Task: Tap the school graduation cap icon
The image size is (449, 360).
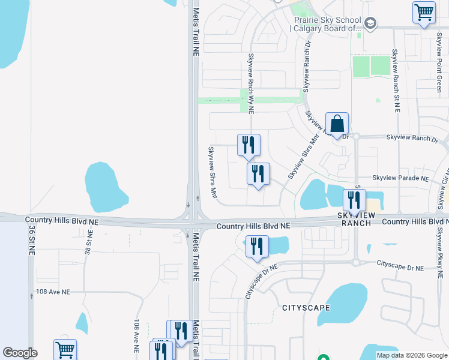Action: pyautogui.click(x=370, y=23)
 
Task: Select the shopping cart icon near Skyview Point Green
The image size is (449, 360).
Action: pyautogui.click(x=424, y=11)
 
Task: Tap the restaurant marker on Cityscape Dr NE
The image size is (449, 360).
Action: pyautogui.click(x=257, y=247)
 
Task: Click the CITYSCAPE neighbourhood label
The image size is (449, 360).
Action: pyautogui.click(x=306, y=308)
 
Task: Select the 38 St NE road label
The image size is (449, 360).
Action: pyautogui.click(x=87, y=244)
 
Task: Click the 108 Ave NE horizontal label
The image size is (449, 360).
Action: pyautogui.click(x=53, y=292)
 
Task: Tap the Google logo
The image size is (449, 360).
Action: pyautogui.click(x=20, y=353)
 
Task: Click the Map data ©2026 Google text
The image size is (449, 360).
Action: pyautogui.click(x=411, y=355)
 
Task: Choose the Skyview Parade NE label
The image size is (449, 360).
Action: pyautogui.click(x=400, y=178)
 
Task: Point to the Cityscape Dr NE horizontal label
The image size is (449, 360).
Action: pyautogui.click(x=401, y=264)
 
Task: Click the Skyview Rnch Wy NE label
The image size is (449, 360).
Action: pyautogui.click(x=252, y=83)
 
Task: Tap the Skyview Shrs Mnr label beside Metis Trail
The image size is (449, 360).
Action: pyautogui.click(x=212, y=173)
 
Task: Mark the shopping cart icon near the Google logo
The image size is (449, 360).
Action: pyautogui.click(x=65, y=349)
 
